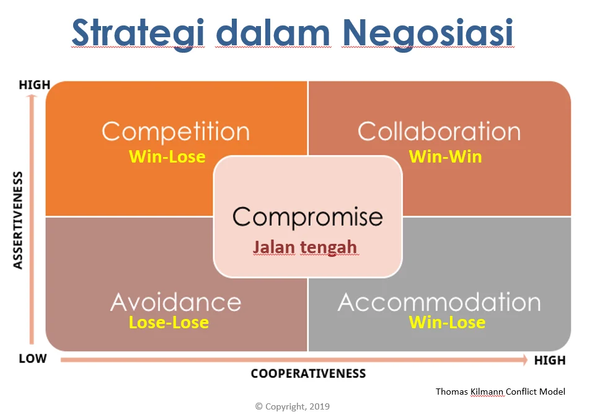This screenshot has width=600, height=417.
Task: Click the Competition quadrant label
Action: tap(175, 132)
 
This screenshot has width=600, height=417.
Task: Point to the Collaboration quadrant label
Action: tap(439, 132)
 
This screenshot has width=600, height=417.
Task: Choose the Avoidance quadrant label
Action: tap(175, 302)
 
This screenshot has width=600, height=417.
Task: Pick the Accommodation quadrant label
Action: tap(439, 302)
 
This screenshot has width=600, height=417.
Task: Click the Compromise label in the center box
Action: tap(307, 217)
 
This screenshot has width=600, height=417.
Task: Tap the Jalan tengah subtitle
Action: tap(305, 247)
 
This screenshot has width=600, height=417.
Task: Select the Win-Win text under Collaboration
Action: tap(445, 156)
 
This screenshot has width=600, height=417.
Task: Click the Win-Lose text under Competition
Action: tap(167, 156)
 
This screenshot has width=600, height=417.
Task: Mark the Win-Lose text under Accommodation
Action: tap(447, 323)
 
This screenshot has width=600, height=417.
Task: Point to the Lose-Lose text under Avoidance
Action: tap(169, 323)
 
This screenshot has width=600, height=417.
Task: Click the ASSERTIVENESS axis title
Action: tap(18, 220)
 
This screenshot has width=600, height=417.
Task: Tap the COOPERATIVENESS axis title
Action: tap(308, 374)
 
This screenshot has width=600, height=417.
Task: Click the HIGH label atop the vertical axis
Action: tap(34, 84)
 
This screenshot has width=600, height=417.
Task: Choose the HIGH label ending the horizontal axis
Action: tap(549, 360)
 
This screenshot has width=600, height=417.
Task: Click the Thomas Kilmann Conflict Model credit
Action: tap(500, 392)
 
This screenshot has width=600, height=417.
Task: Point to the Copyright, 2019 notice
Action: tap(292, 406)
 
